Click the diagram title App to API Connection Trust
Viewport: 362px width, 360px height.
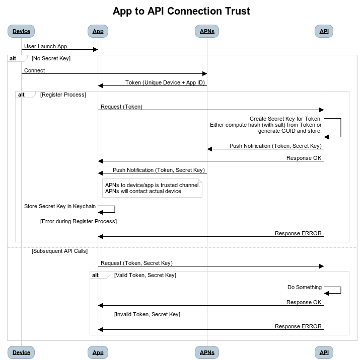click(181, 11)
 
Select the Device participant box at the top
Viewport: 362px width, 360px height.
click(21, 31)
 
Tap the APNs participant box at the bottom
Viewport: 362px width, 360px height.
click(207, 352)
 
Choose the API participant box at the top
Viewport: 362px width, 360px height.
click(324, 31)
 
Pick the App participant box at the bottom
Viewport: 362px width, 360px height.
click(98, 352)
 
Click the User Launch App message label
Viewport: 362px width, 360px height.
click(45, 46)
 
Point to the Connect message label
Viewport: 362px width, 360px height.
click(34, 70)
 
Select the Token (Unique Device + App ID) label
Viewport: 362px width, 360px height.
click(165, 82)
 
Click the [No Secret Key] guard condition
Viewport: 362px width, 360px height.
click(51, 59)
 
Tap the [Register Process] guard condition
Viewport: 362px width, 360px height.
click(63, 95)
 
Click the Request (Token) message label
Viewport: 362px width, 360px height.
click(121, 107)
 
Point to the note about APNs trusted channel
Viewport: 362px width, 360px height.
click(152, 188)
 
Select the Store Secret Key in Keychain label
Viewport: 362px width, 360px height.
click(60, 206)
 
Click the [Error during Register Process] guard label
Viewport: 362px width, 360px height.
click(79, 221)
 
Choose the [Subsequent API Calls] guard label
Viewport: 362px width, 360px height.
click(59, 251)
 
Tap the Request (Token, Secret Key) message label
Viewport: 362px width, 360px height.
click(136, 263)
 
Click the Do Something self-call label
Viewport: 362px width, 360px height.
click(305, 287)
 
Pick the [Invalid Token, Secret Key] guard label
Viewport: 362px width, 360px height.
click(148, 314)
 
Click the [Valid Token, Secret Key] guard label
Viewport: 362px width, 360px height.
click(145, 275)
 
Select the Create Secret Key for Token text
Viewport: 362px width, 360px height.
click(285, 119)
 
